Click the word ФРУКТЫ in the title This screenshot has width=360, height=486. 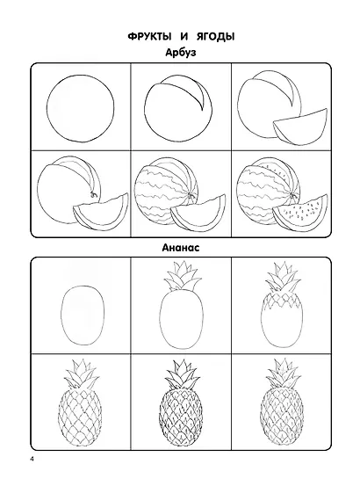[149, 37]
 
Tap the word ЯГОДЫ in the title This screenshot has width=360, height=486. [216, 37]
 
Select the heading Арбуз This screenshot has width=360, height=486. [181, 53]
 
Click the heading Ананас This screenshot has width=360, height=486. [181, 248]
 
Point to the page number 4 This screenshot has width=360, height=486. [32, 460]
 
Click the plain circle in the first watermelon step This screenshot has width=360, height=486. [47, 108]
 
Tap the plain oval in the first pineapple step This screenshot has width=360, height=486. [61, 316]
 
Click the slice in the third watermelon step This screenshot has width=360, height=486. [300, 127]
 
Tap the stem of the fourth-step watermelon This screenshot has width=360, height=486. [93, 193]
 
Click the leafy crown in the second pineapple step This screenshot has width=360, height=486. [182, 277]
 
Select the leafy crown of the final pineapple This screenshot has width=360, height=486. [284, 374]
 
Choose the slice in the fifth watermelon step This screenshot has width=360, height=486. [198, 214]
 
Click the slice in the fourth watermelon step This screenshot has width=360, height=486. [101, 212]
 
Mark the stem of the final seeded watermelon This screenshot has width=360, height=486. [292, 195]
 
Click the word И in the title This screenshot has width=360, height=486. [184, 37]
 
